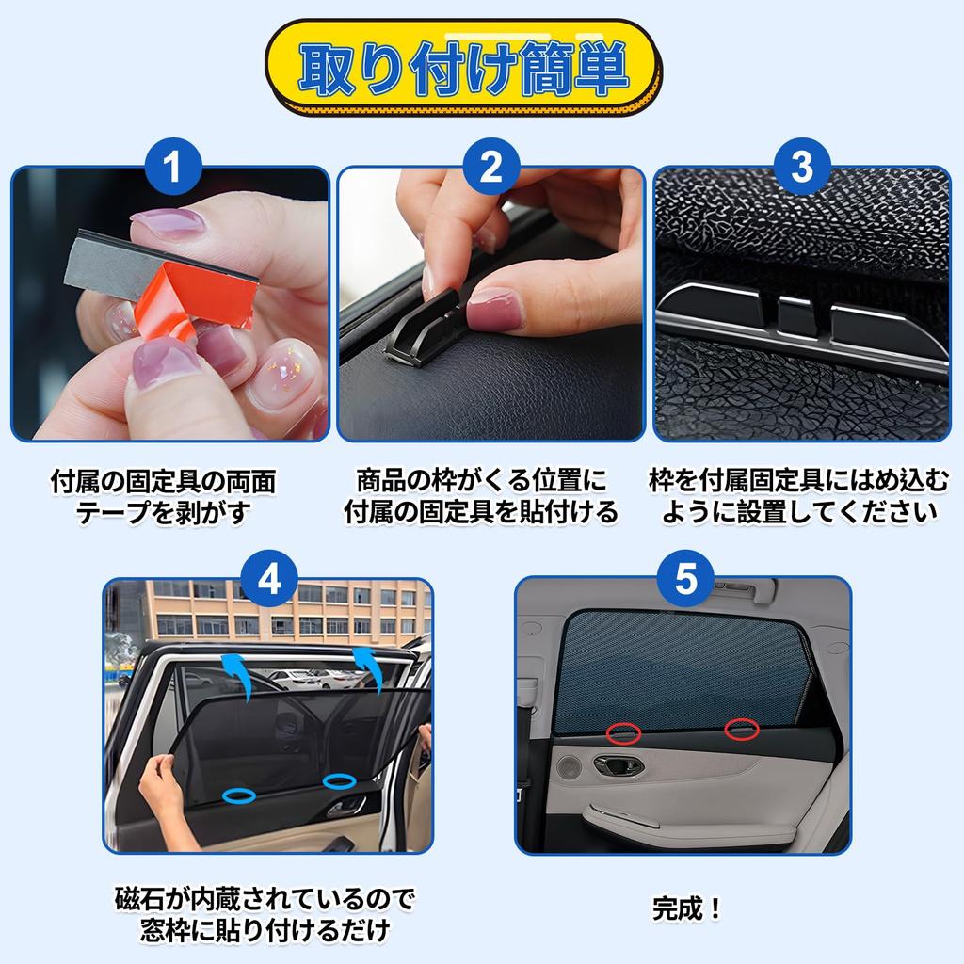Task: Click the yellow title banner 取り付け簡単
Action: click(462, 68)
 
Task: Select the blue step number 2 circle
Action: click(490, 167)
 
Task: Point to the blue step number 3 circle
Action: click(802, 167)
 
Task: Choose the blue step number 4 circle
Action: click(268, 579)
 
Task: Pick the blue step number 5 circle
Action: click(685, 579)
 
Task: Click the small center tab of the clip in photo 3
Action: click(797, 317)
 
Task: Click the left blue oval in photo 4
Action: click(239, 795)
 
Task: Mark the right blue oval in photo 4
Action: click(339, 781)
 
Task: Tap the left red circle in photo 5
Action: click(623, 732)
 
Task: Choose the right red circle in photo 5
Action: click(742, 730)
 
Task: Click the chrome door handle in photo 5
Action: click(619, 765)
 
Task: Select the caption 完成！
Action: click(686, 908)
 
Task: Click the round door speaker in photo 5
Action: click(569, 766)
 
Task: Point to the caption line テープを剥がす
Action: click(163, 512)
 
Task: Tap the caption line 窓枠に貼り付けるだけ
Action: click(265, 930)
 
